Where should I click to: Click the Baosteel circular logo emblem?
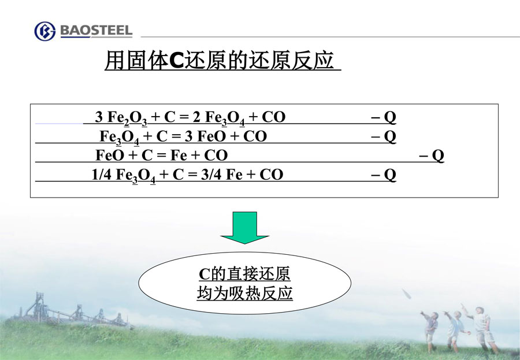pyautogui.click(x=44, y=31)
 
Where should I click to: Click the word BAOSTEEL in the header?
pyautogui.click(x=96, y=31)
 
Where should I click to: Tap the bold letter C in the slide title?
pyautogui.click(x=176, y=61)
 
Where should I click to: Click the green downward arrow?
pyautogui.click(x=245, y=228)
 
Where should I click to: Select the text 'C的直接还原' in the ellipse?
pyautogui.click(x=244, y=274)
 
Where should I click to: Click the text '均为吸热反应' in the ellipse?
pyautogui.click(x=245, y=293)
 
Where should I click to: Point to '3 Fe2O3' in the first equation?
pyautogui.click(x=121, y=117)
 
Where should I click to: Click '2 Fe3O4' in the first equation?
pyautogui.click(x=219, y=117)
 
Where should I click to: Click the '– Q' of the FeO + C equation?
pyautogui.click(x=432, y=155)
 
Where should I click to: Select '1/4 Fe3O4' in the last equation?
pyautogui.click(x=124, y=175)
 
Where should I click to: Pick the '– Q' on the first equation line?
pyautogui.click(x=384, y=117)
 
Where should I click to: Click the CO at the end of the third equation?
pyautogui.click(x=216, y=155)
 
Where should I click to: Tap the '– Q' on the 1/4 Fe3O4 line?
pyautogui.click(x=384, y=175)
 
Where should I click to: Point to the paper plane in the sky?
pyautogui.click(x=407, y=294)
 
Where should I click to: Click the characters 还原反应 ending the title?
pyautogui.click(x=292, y=61)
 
